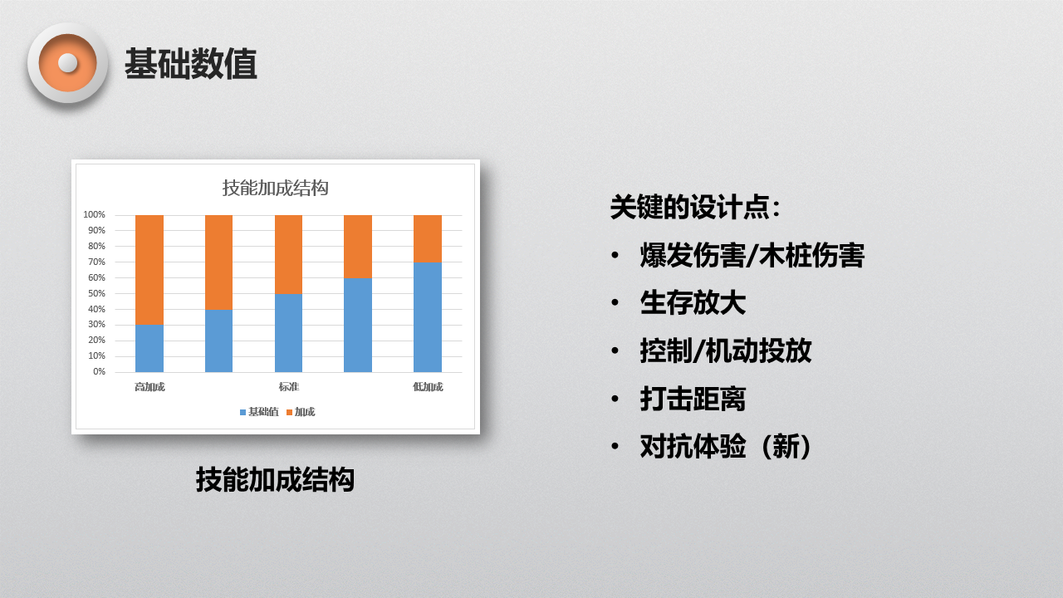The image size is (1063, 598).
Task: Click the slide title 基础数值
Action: coord(191,64)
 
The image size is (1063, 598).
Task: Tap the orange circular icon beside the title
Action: coord(68,63)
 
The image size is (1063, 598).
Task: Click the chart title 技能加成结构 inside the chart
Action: coord(275,188)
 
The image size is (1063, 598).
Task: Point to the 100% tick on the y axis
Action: coord(94,214)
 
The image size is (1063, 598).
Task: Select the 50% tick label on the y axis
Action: coord(96,293)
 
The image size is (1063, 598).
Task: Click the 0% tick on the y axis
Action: coord(99,371)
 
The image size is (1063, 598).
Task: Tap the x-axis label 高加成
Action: coord(149,387)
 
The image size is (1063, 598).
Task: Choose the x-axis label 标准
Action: coord(288,387)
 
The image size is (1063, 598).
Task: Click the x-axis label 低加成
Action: coord(428,387)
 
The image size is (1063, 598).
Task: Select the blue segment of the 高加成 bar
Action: coord(149,348)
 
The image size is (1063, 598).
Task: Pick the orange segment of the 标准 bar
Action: coord(288,254)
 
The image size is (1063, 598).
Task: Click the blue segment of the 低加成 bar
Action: coord(428,317)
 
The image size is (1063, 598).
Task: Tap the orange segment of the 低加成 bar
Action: coord(428,238)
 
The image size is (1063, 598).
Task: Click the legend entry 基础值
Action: coord(259,412)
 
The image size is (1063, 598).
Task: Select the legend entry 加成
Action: coord(301,412)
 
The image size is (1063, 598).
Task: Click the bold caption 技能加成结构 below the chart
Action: coord(275,479)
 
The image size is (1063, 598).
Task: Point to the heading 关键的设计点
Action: coord(695,207)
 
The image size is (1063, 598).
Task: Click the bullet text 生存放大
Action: coord(693,303)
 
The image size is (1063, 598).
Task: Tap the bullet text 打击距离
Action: coord(693,399)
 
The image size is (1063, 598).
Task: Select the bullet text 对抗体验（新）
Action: coord(726,447)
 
